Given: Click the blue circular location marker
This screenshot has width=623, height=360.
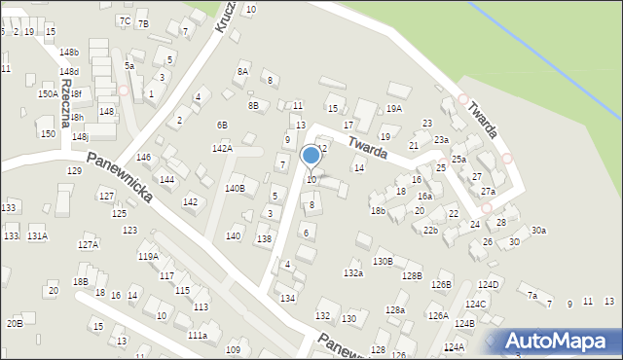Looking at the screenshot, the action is pyautogui.click(x=311, y=156).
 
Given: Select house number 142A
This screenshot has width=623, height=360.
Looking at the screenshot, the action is pyautogui.click(x=222, y=148).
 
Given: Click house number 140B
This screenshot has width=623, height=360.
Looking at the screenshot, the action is pyautogui.click(x=235, y=188).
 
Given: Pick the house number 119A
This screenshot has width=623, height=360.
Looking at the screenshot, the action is pyautogui.click(x=148, y=256).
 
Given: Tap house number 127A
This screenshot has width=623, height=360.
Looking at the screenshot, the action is pyautogui.click(x=89, y=245).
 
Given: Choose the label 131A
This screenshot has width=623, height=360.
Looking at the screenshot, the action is pyautogui.click(x=37, y=236).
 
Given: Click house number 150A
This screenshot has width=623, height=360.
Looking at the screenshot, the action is pyautogui.click(x=48, y=94).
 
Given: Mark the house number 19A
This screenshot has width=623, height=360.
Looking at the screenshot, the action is pyautogui.click(x=393, y=109).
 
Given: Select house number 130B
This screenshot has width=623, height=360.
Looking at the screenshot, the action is pyautogui.click(x=383, y=261).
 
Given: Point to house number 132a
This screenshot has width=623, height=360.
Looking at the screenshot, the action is pyautogui.click(x=352, y=274).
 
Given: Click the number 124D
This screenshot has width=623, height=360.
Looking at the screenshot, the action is pyautogui.click(x=488, y=284).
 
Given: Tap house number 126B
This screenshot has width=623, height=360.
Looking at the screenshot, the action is pyautogui.click(x=442, y=284).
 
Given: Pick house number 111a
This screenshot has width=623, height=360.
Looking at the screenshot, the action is pyautogui.click(x=197, y=335).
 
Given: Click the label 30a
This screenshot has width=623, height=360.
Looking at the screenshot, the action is pyautogui.click(x=538, y=231).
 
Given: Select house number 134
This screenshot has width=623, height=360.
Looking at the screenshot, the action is pyautogui.click(x=287, y=298).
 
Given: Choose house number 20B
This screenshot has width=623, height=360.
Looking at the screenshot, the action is pyautogui.click(x=15, y=323).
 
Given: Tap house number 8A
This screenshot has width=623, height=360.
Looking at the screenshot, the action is pyautogui.click(x=242, y=71).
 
